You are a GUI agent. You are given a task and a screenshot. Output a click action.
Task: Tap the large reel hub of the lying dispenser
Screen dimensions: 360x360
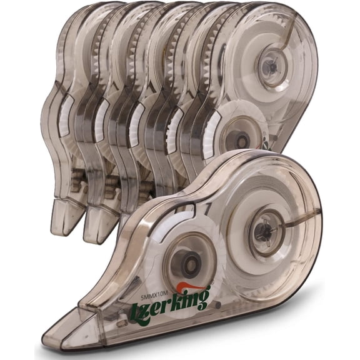pos(264,230)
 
